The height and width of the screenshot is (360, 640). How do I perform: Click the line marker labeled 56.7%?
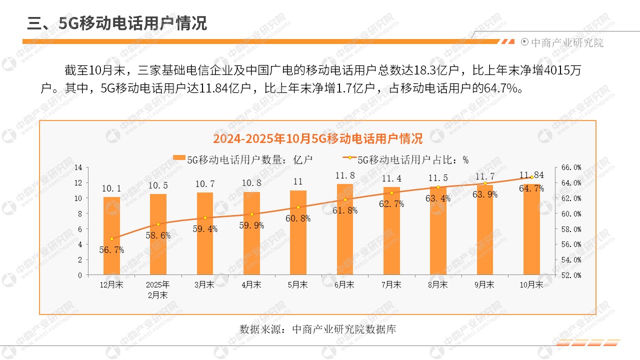point(111,238)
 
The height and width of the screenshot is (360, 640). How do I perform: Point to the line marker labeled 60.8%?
point(298,207)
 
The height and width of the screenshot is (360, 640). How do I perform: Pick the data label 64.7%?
point(531,188)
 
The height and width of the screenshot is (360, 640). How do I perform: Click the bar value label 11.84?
point(531,175)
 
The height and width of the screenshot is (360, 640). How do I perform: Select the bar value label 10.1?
point(111,188)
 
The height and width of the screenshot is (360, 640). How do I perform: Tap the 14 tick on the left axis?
point(77,167)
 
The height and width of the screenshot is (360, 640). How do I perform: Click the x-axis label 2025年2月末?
point(158,289)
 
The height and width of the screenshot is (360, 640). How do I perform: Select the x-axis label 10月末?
point(531,284)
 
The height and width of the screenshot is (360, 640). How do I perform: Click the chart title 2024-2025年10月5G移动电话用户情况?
point(317,138)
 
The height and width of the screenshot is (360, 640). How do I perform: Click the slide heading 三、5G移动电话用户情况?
point(117,23)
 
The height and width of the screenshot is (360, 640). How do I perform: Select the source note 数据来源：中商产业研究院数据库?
point(317,329)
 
